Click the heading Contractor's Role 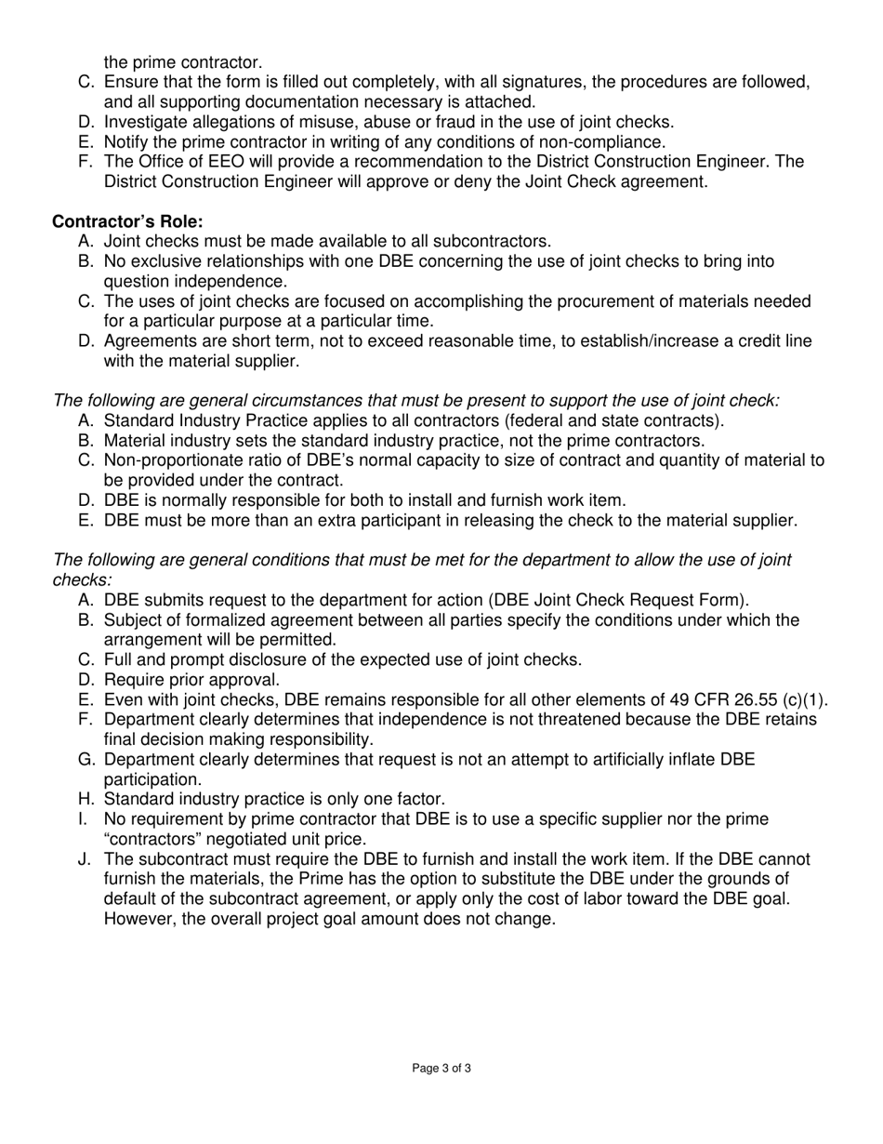tap(127, 221)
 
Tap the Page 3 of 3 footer tap(441, 1069)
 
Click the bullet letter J tap(85, 858)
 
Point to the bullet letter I tap(84, 818)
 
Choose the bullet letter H tap(85, 799)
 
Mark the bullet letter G tap(85, 760)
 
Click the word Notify tap(127, 141)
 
